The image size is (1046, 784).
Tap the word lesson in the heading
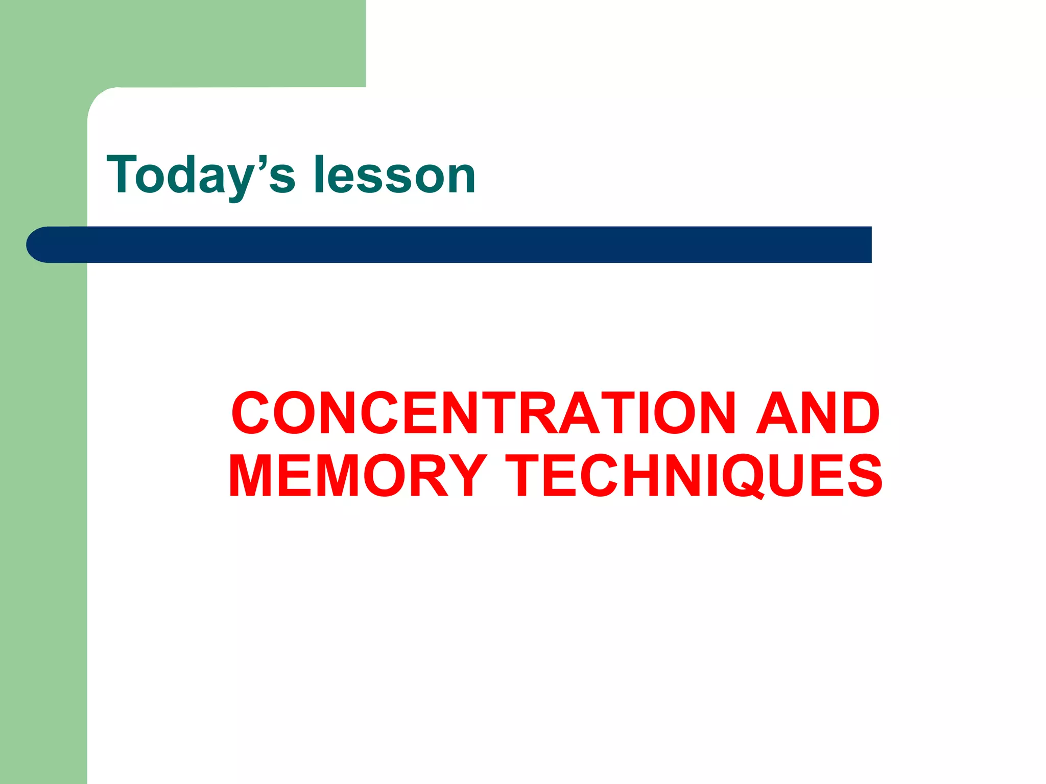[x=394, y=175]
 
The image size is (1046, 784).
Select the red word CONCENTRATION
[x=483, y=413]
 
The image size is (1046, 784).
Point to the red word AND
[x=818, y=413]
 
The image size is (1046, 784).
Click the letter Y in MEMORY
[x=467, y=476]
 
